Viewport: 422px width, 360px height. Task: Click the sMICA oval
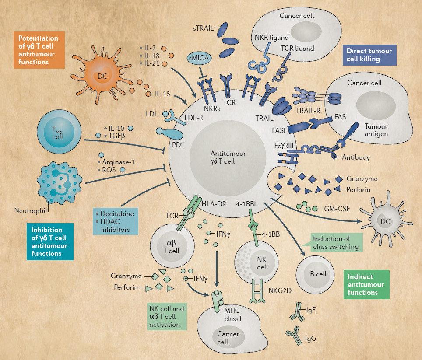198,59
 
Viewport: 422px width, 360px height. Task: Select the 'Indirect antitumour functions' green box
367,284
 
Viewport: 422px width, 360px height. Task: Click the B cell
316,274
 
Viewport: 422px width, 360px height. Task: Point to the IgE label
311,310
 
